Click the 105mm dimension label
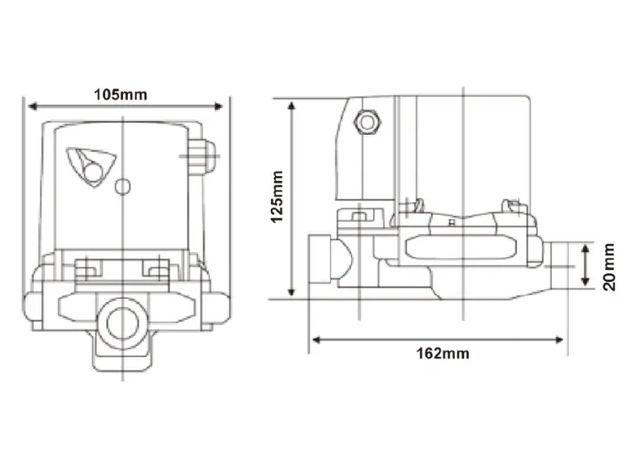click(121, 94)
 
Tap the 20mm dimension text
click(608, 266)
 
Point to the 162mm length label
click(443, 354)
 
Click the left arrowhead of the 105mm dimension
click(31, 105)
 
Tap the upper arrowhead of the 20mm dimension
click(585, 247)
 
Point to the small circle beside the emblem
click(122, 187)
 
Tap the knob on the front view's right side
click(202, 155)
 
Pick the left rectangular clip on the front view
click(89, 268)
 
